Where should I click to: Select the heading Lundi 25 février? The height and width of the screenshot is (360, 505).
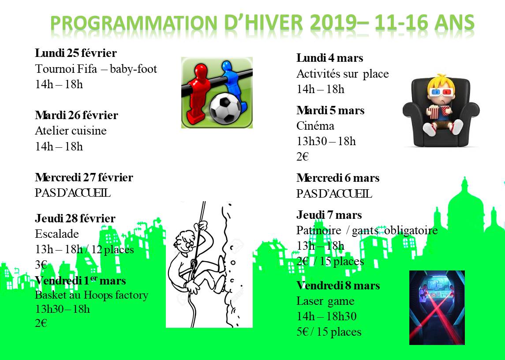[76, 53]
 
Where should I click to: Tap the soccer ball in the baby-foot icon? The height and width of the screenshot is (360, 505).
[225, 108]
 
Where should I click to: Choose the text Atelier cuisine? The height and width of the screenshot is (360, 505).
[71, 131]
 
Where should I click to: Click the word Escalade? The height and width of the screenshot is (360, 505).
[57, 234]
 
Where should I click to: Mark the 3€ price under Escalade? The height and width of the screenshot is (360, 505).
[41, 265]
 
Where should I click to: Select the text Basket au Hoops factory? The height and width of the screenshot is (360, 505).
[92, 295]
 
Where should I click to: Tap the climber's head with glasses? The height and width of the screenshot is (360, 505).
[183, 242]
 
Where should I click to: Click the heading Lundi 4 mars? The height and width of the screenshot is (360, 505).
[330, 58]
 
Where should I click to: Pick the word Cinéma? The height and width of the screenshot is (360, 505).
[315, 126]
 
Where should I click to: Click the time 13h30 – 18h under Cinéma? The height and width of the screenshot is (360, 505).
[326, 141]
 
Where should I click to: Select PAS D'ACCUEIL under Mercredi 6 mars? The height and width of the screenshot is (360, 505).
[334, 194]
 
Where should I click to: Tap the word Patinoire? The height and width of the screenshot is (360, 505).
[319, 230]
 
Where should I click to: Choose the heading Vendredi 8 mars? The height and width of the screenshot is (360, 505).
[338, 285]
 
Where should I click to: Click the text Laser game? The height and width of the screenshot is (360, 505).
[325, 301]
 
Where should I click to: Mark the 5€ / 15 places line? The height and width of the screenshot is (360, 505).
[329, 332]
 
